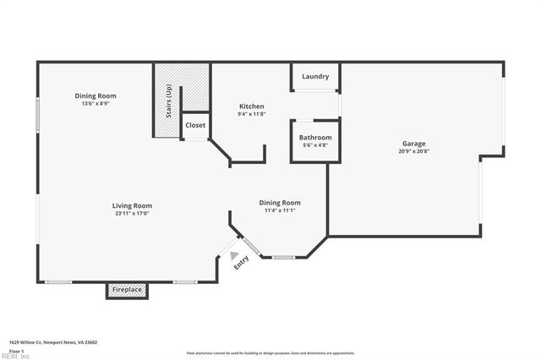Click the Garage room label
(413, 144)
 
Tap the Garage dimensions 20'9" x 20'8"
(413, 152)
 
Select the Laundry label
(315, 77)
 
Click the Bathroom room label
(315, 137)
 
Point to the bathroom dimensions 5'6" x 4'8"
(315, 145)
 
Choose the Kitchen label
(251, 106)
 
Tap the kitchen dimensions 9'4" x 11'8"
(251, 114)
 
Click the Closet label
(195, 125)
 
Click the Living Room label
(133, 205)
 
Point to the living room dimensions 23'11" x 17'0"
(133, 214)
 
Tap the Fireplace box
(127, 291)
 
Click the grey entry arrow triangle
(234, 254)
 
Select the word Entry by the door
(242, 263)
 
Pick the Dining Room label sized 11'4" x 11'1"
(280, 203)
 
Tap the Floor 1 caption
(15, 350)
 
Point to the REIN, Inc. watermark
(14, 357)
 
